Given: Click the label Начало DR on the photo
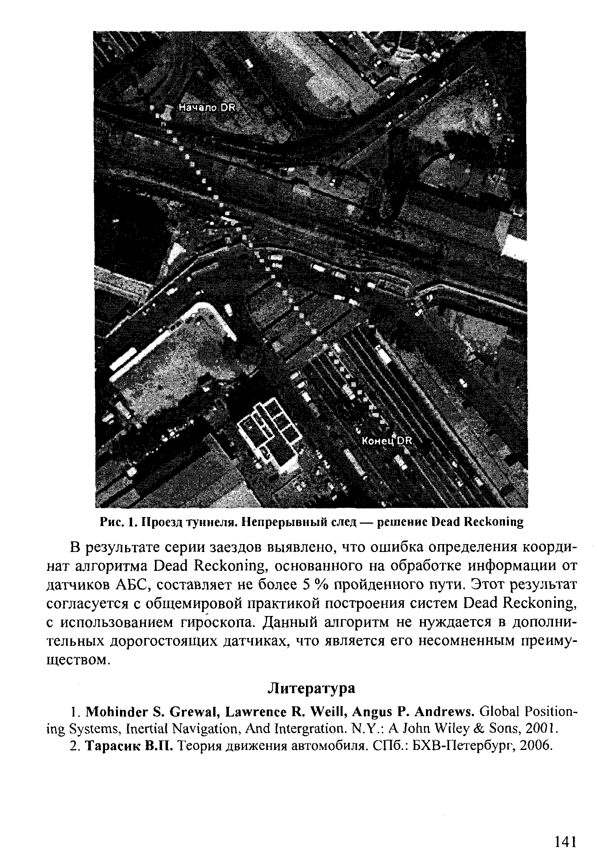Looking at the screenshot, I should coord(206,108).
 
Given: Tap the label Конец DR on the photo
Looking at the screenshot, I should coord(385,441).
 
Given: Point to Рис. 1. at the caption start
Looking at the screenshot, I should coord(114,522).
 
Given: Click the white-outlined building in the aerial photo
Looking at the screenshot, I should coord(271,434).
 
